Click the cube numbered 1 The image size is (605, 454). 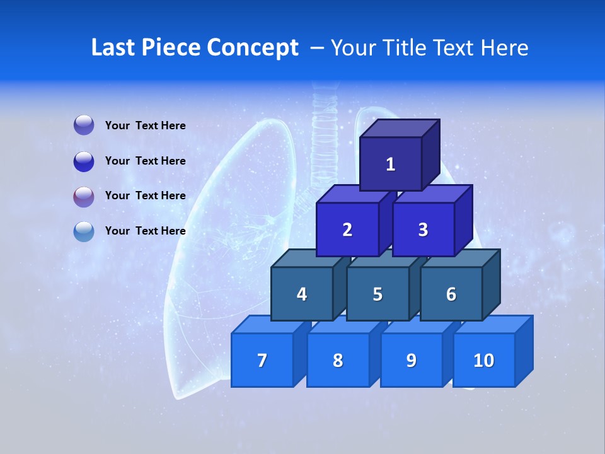(390, 164)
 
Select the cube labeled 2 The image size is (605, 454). (347, 230)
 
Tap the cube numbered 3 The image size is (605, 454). (423, 230)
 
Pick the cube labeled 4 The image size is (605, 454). (302, 294)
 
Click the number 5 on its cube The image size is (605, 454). (377, 294)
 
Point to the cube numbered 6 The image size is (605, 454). (451, 294)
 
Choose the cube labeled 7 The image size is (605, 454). (262, 360)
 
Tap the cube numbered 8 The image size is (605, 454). (338, 360)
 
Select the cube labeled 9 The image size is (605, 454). (411, 360)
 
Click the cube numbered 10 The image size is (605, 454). (483, 360)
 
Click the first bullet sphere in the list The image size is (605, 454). (84, 125)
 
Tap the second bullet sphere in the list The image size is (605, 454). (84, 161)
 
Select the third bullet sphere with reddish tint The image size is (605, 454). (84, 196)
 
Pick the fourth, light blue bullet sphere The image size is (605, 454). (84, 231)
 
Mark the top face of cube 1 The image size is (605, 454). (400, 128)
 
